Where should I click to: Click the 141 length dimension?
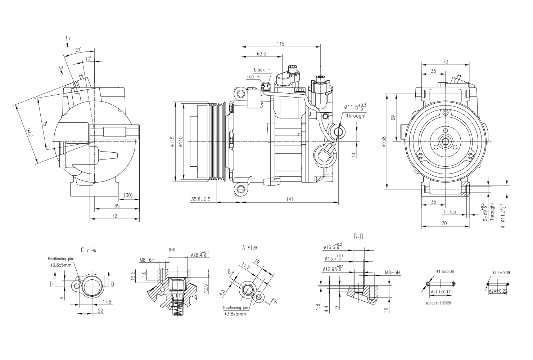289,199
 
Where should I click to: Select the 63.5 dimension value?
262,54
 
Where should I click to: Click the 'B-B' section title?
358,237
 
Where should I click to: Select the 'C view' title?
89,249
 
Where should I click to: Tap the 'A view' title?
250,247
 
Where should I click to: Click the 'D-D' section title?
172,249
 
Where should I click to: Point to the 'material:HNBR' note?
438,303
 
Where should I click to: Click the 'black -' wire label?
262,70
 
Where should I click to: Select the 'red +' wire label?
253,77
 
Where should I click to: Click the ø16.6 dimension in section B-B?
333,247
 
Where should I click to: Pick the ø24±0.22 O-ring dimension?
499,291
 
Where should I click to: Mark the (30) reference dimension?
128,195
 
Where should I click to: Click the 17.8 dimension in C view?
107,302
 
